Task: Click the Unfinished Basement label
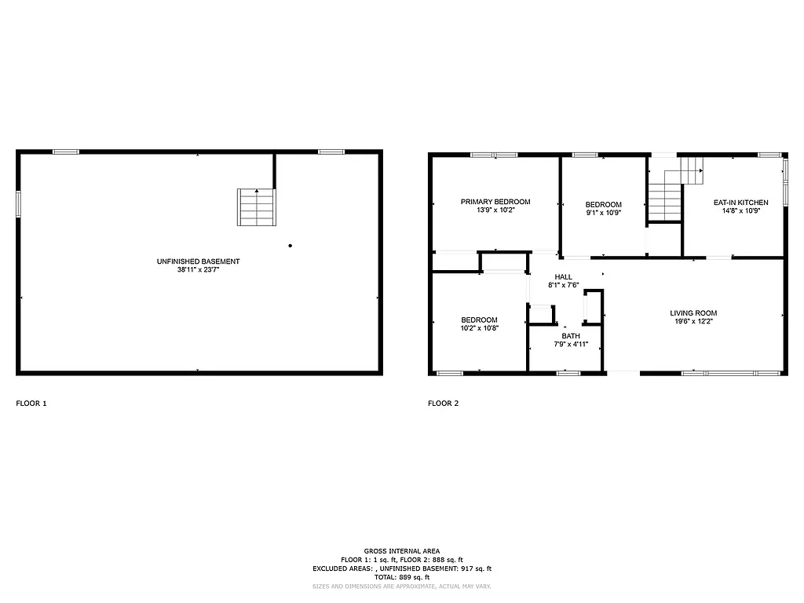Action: click(198, 261)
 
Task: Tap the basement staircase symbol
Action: click(257, 207)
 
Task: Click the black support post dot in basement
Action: click(290, 246)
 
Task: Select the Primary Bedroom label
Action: click(495, 202)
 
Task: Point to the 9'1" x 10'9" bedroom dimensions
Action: click(603, 213)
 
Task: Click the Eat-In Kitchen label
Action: click(740, 203)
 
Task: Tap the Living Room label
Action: click(693, 313)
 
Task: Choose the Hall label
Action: click(563, 276)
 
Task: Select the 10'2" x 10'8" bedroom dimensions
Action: click(479, 328)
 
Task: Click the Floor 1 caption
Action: click(31, 404)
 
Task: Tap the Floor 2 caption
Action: click(443, 404)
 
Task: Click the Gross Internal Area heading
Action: click(401, 550)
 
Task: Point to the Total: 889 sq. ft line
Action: click(401, 577)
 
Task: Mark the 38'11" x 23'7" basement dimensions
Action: click(198, 270)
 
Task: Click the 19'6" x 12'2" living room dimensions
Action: click(693, 321)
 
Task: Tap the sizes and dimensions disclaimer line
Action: click(401, 587)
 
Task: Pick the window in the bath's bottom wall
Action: click(568, 372)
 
